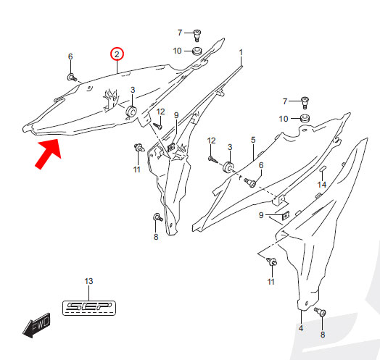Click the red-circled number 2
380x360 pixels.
[x=117, y=54]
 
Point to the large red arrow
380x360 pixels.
[x=49, y=154]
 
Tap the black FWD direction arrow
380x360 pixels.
[x=36, y=325]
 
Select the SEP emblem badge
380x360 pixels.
[x=89, y=308]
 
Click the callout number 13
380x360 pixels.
[x=88, y=281]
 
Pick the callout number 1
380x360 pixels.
[x=241, y=52]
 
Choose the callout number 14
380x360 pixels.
[x=322, y=185]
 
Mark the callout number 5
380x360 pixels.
[x=253, y=140]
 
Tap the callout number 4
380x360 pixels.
[x=301, y=328]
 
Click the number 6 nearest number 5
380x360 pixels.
[x=261, y=165]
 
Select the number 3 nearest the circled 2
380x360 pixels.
[x=133, y=90]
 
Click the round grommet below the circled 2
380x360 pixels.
[x=131, y=112]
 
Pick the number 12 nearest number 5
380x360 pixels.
[x=211, y=141]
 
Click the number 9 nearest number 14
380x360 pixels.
[x=261, y=215]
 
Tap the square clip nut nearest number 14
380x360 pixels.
[x=286, y=215]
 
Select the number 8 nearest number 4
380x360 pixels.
[x=323, y=335]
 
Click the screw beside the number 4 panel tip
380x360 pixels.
[x=321, y=311]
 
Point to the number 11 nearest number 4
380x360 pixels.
[x=270, y=282]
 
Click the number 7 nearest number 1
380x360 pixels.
[x=180, y=33]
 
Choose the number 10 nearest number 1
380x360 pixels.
[x=177, y=51]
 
